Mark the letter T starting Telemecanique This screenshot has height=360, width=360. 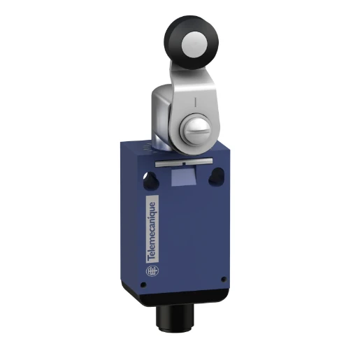click(152, 258)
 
